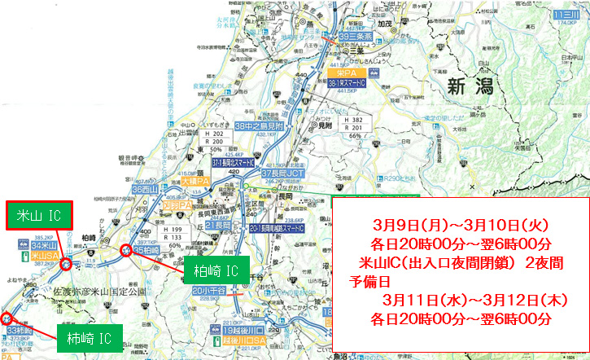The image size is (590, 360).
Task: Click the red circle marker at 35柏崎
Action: tap(127, 251)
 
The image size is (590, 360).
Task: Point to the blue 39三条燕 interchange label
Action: tap(356, 37)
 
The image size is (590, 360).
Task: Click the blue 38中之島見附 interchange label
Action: tap(258, 126)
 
